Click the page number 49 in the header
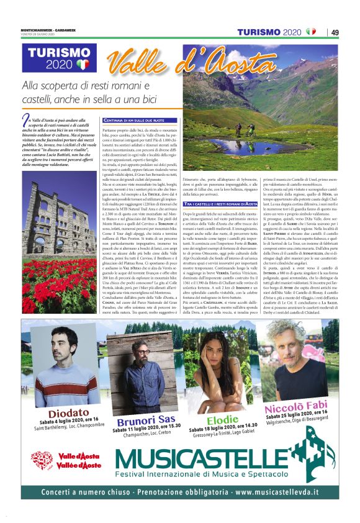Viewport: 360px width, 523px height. [x=335, y=32]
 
